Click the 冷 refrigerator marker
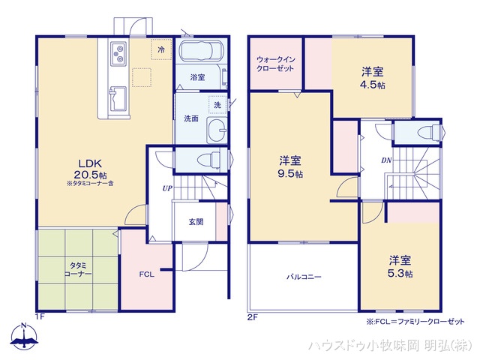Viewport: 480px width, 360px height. (160, 49)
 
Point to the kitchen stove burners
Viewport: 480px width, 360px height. (121, 52)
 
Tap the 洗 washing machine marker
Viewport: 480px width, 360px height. (217, 104)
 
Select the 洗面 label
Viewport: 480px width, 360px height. (190, 118)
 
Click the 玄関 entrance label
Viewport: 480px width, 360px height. (196, 221)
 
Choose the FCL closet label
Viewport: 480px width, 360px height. (146, 274)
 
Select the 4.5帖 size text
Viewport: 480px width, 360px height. (372, 86)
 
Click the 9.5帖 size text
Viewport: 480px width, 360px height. (291, 174)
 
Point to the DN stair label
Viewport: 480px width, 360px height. (385, 160)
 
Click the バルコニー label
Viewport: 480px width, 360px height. (303, 277)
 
